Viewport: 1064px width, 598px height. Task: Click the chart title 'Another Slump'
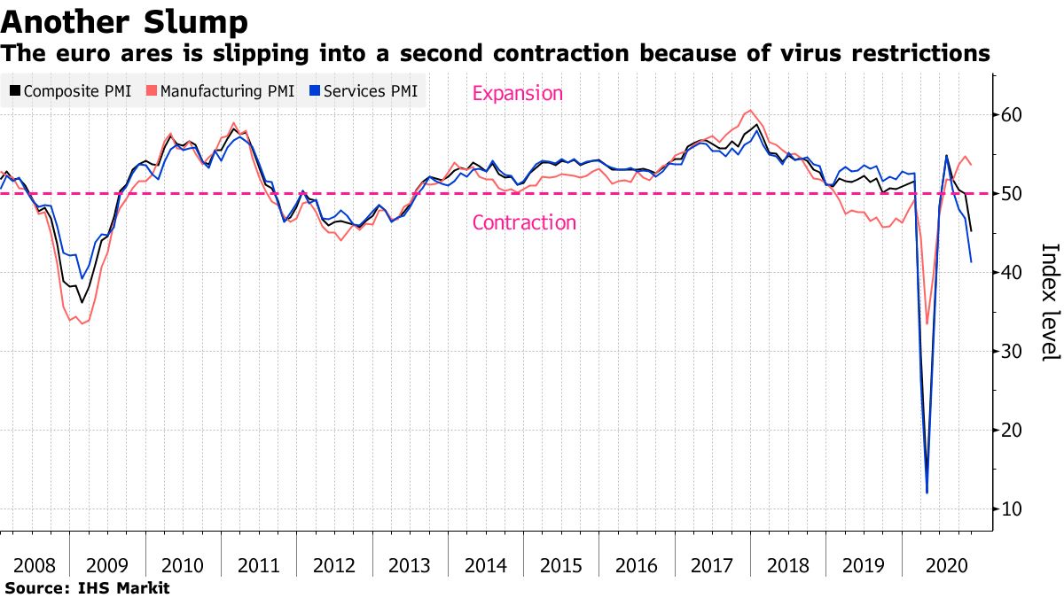click(124, 19)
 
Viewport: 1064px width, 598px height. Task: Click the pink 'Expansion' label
click(517, 93)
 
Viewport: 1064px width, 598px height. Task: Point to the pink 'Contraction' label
click(524, 222)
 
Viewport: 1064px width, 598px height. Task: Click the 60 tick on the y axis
click(1013, 115)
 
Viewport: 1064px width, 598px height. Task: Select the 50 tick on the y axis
click(1013, 194)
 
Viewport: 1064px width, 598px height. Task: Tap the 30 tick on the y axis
click(1013, 352)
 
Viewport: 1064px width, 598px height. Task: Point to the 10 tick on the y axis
click(1013, 509)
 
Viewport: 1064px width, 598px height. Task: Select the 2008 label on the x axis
click(33, 565)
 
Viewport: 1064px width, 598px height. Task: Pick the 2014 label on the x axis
click(485, 565)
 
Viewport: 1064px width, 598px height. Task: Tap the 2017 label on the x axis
click(711, 565)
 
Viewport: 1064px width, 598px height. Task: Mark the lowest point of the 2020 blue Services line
click(927, 493)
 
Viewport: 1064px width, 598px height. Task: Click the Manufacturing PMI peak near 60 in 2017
click(751, 111)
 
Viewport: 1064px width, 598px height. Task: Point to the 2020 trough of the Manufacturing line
click(927, 323)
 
